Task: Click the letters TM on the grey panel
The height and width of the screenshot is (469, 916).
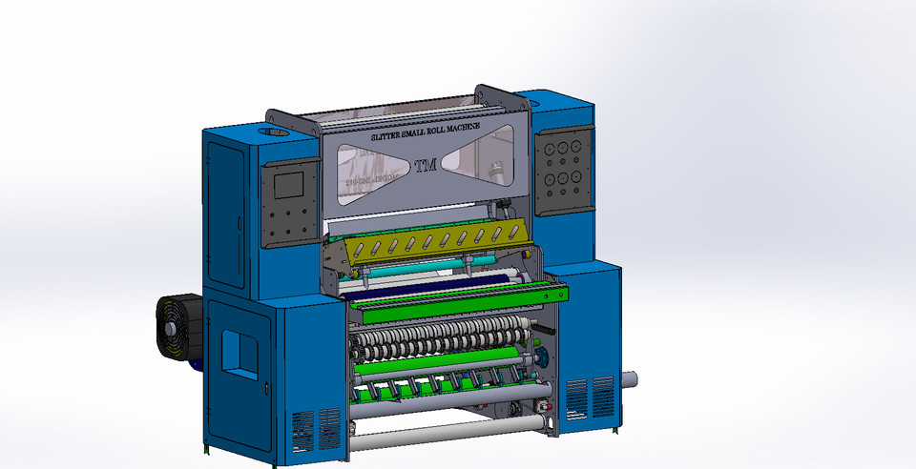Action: pos(425,166)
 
